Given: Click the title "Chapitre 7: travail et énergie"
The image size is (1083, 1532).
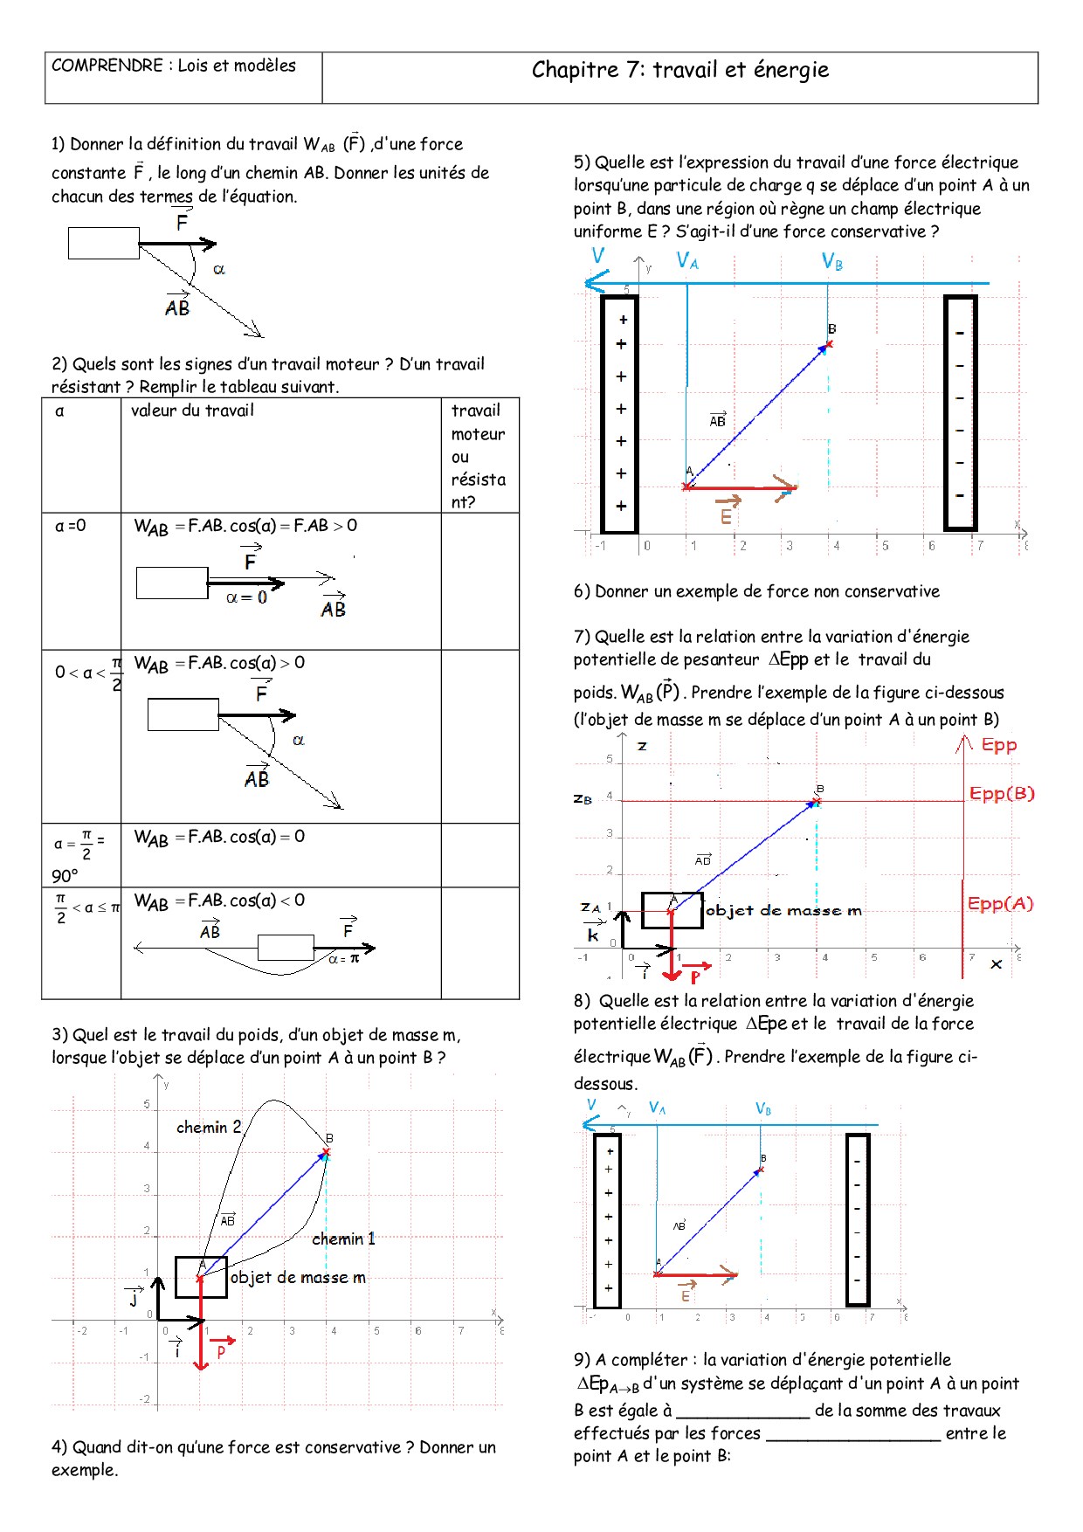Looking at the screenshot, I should [x=679, y=70].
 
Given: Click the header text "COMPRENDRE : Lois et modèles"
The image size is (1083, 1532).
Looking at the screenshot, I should [x=174, y=66].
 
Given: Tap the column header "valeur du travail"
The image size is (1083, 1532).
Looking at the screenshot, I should [x=192, y=411].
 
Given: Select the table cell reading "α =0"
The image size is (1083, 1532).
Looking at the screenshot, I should [x=71, y=526].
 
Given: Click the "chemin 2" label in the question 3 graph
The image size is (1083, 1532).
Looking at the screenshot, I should [x=209, y=1127].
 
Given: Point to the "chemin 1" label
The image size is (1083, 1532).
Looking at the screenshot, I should [x=343, y=1239].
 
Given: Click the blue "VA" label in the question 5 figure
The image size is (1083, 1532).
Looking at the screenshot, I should [x=687, y=261].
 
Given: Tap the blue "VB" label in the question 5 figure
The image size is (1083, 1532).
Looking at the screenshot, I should [x=832, y=261].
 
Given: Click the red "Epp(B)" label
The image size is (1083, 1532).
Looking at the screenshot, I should [x=1001, y=794].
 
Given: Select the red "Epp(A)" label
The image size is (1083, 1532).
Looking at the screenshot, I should [x=1000, y=904].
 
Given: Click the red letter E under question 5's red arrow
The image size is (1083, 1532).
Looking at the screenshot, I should [x=726, y=517].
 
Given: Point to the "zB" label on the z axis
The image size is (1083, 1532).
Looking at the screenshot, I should [x=583, y=798].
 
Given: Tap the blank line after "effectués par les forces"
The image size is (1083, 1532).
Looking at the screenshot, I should [x=852, y=1433].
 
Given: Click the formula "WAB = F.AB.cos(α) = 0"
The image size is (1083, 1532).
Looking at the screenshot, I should [x=219, y=838].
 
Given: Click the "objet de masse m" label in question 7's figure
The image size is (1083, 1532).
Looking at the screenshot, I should [x=783, y=910].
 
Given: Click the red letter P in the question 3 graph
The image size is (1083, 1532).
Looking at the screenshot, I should [x=221, y=1351].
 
